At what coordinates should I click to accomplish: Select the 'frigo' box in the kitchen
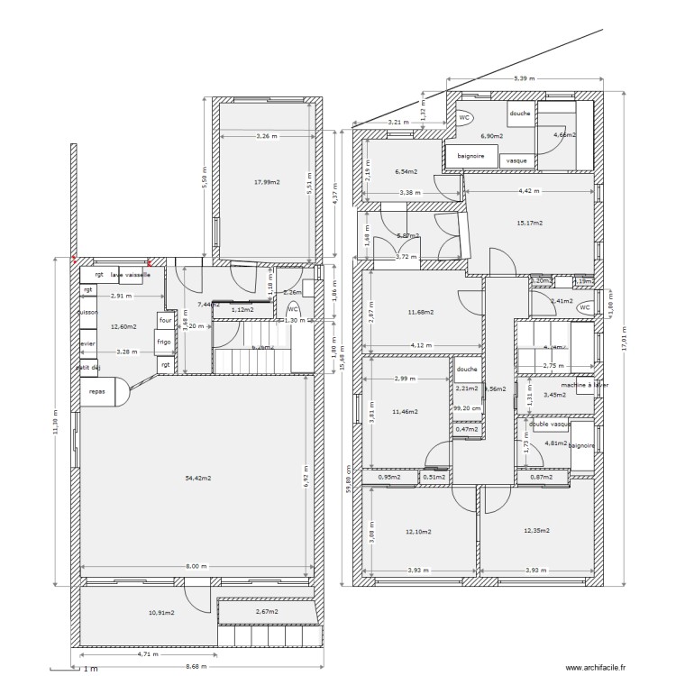(163, 343)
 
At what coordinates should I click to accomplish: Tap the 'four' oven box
(165, 320)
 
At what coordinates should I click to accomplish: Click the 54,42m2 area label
(197, 478)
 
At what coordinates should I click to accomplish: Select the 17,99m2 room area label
(267, 182)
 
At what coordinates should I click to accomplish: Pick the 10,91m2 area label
(160, 613)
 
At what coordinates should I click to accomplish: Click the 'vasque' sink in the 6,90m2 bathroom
(516, 160)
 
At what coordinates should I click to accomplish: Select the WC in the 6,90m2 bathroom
(464, 118)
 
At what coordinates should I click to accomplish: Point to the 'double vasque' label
(550, 424)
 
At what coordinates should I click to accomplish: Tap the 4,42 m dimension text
(529, 190)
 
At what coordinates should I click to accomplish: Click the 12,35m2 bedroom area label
(536, 531)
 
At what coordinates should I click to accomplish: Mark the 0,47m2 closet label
(467, 429)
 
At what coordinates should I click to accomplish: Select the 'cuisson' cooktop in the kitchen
(87, 312)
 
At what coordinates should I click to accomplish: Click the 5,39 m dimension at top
(524, 79)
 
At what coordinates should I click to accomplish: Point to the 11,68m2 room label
(420, 312)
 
